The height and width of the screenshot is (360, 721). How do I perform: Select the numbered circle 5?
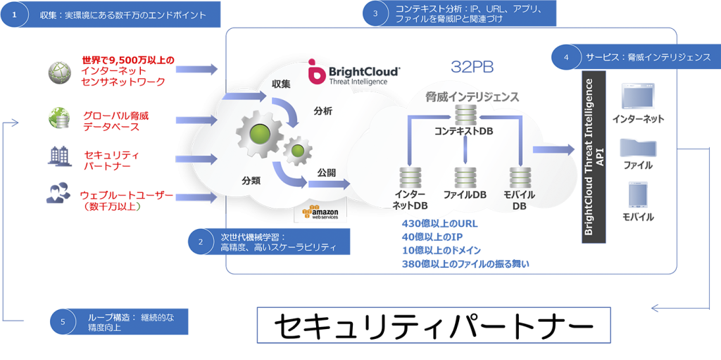pyautogui.click(x=63, y=322)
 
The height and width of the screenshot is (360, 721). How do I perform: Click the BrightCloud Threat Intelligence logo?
pyautogui.click(x=355, y=73)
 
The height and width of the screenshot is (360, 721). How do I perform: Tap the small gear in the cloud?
pyautogui.click(x=298, y=149)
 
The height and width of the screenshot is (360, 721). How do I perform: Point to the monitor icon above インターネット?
pyautogui.click(x=638, y=95)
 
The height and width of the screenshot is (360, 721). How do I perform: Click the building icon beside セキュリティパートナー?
pyautogui.click(x=56, y=156)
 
